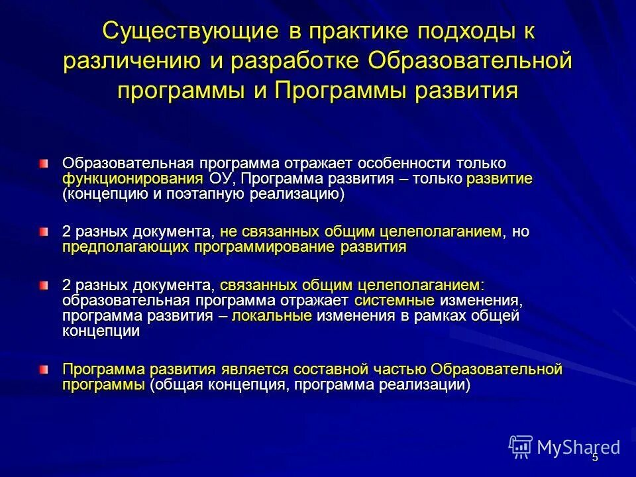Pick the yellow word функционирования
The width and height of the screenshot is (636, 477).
tap(132, 179)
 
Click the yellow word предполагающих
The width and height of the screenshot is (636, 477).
tap(127, 248)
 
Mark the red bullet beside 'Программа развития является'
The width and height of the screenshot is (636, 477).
tap(44, 368)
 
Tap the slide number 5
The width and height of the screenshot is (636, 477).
tap(595, 457)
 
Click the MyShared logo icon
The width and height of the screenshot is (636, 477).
tap(521, 447)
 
